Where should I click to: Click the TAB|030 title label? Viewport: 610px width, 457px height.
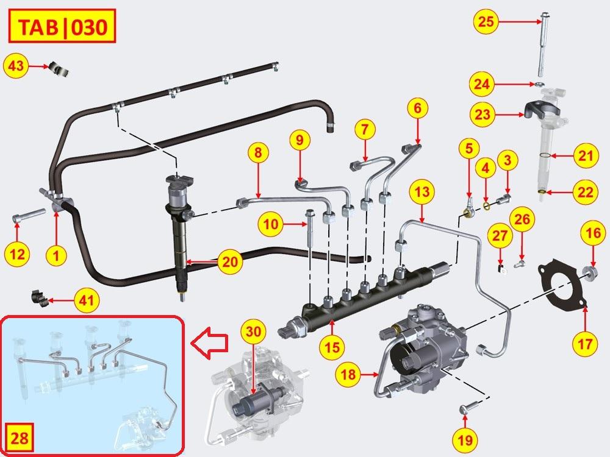[x=56, y=27]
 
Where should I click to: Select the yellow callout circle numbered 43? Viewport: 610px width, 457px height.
[x=16, y=66]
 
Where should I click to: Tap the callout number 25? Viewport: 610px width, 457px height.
[x=486, y=23]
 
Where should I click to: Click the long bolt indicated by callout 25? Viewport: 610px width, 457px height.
[x=541, y=46]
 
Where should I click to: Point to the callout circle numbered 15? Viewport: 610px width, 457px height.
[x=331, y=347]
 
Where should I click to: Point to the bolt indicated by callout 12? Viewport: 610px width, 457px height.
[x=29, y=216]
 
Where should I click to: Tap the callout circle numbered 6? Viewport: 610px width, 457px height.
[x=417, y=109]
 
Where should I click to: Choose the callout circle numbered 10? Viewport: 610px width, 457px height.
[x=271, y=225]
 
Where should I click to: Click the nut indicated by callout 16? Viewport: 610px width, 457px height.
[x=591, y=271]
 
